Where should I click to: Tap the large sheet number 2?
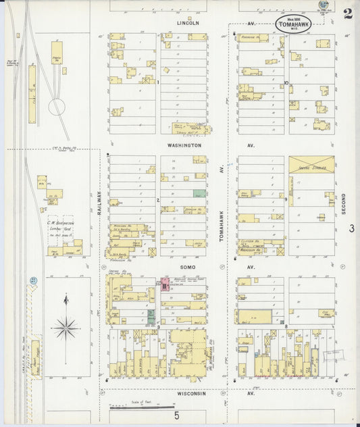click(x=347, y=14)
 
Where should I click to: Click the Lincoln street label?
click(x=188, y=22)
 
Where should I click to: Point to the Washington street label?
click(x=184, y=145)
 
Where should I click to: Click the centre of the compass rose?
click(x=66, y=328)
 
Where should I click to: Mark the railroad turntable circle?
click(x=57, y=105)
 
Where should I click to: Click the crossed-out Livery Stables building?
click(x=311, y=165)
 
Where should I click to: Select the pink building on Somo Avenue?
click(x=164, y=283)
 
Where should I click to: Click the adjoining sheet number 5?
click(x=177, y=416)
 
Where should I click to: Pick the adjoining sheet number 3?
click(x=351, y=228)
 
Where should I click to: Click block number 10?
click(x=286, y=83)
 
